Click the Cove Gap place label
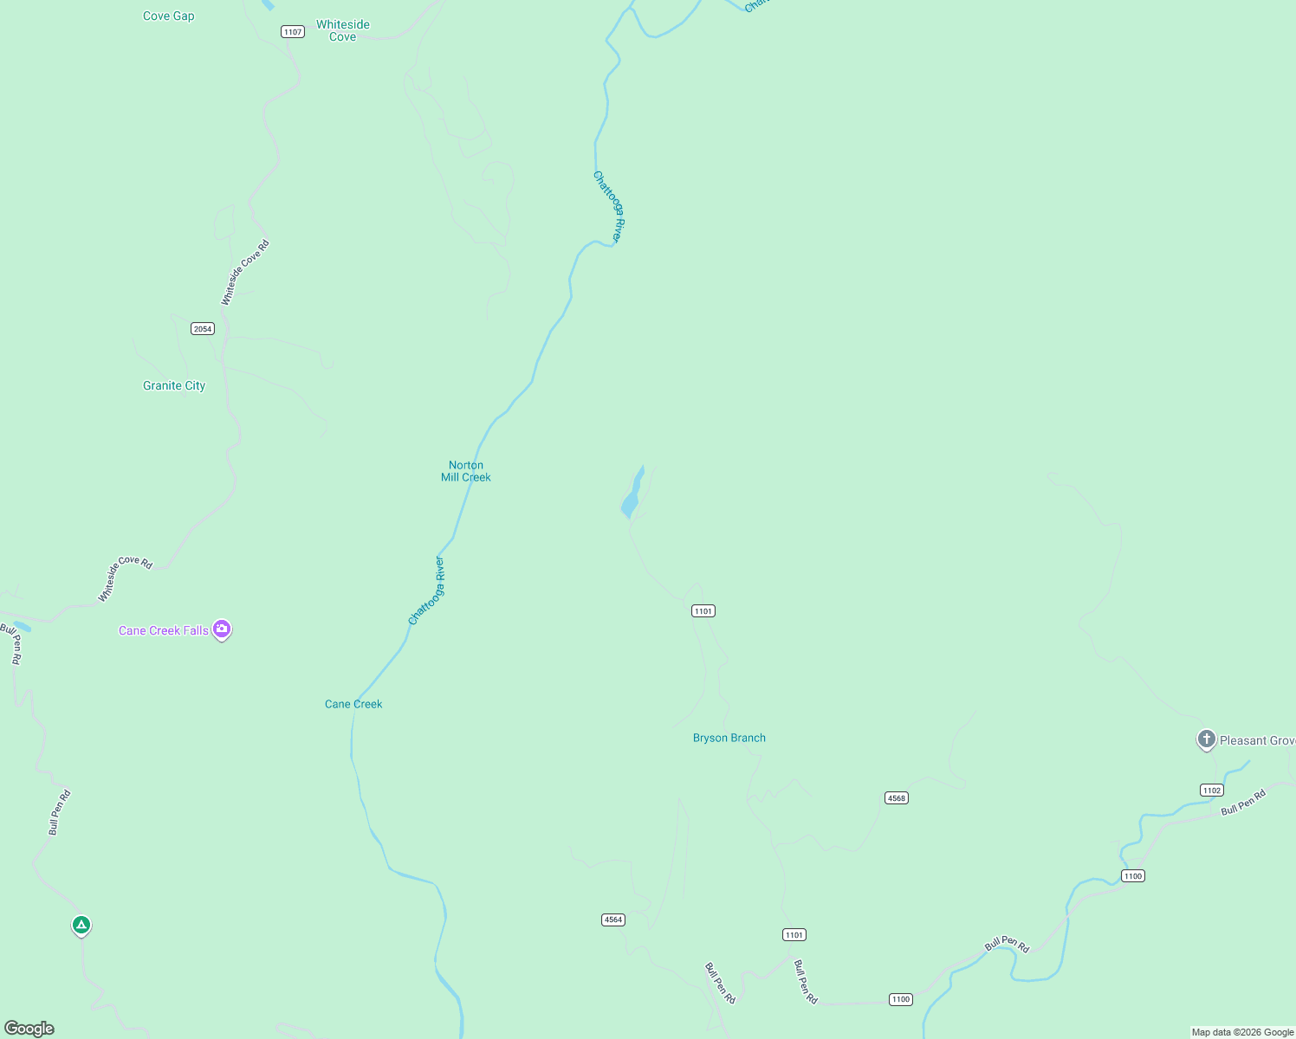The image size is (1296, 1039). tap(168, 16)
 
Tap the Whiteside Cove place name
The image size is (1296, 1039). tap(343, 30)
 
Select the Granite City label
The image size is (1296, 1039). tap(174, 385)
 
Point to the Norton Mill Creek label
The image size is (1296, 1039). tap(466, 471)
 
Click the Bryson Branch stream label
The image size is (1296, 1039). tap(729, 738)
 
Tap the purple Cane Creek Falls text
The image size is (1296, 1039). tap(164, 630)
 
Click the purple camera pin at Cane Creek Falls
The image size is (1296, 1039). tap(222, 629)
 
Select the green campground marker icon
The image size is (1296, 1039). tap(81, 926)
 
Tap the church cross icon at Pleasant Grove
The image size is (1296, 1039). tap(1206, 739)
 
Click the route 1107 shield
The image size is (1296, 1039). tap(293, 32)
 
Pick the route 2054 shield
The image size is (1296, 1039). tap(203, 328)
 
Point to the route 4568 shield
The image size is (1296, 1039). tap(897, 797)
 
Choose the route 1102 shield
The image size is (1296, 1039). tap(1212, 790)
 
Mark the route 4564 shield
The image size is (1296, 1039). tap(613, 920)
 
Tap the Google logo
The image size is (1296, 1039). tap(29, 1029)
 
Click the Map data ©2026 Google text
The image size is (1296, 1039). tap(1242, 1032)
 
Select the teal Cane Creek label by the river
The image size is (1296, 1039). tap(353, 704)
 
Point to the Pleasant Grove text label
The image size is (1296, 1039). tap(1257, 740)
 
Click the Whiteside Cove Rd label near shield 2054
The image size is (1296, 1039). tap(245, 272)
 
